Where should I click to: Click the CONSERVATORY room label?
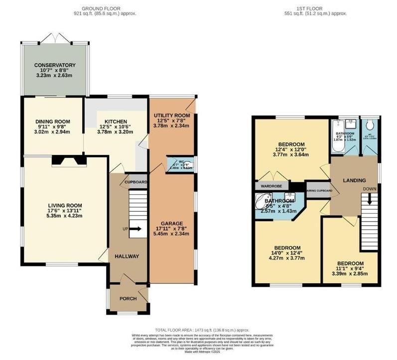point(55,65)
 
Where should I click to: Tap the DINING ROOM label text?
point(52,121)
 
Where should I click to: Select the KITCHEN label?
point(115,121)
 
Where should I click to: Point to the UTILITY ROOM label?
point(172,116)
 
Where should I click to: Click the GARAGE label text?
point(171,223)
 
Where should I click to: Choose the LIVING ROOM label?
point(65,205)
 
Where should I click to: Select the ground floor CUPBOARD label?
point(135,182)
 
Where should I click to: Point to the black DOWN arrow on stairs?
point(369,198)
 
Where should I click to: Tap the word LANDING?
point(354,180)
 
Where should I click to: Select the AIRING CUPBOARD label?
point(319,191)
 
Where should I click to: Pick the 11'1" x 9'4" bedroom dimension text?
point(350,273)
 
